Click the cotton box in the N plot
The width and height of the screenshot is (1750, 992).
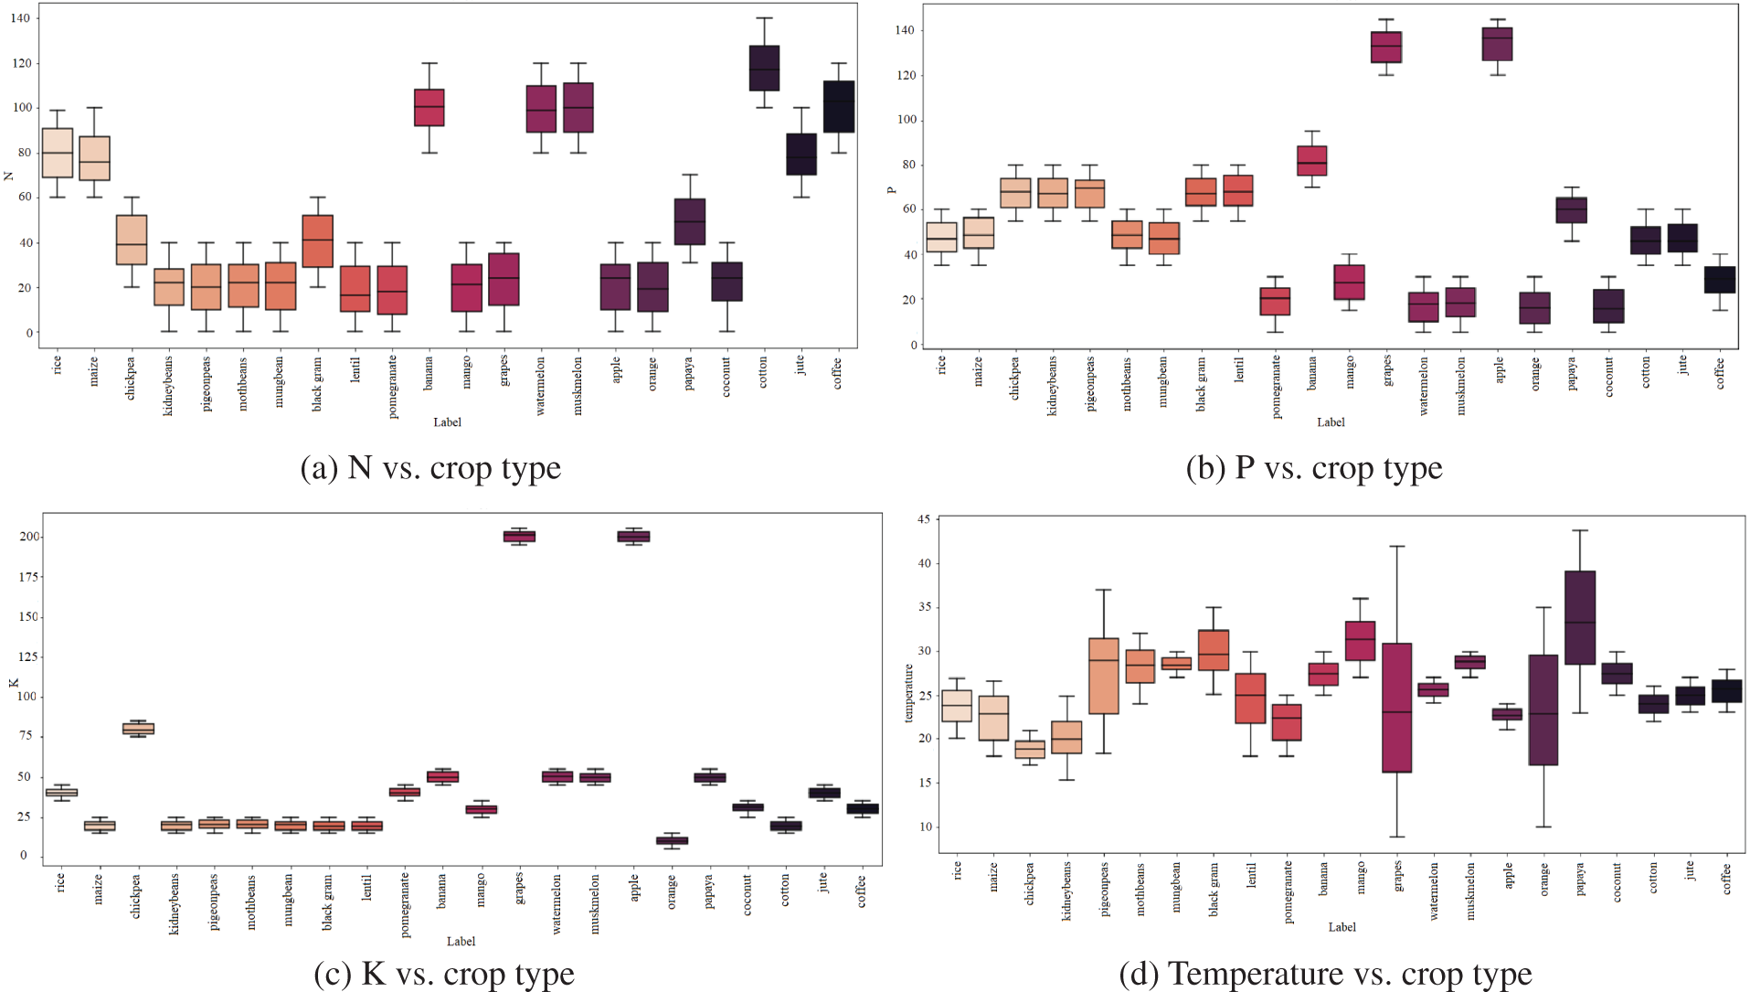click(764, 68)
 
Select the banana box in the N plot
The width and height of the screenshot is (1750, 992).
click(429, 107)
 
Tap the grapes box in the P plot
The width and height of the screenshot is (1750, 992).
click(1386, 47)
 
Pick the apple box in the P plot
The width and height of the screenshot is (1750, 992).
click(1497, 44)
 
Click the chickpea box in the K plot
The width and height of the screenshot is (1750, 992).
click(138, 729)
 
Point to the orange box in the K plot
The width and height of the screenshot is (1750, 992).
click(672, 840)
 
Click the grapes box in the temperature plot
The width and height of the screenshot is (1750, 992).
click(1396, 708)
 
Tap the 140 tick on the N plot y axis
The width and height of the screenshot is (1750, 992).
click(20, 18)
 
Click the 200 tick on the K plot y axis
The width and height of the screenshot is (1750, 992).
click(29, 537)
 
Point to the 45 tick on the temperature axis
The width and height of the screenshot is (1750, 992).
click(924, 519)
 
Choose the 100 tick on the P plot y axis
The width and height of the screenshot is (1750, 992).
click(907, 120)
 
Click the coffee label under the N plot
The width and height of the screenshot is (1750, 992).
click(837, 373)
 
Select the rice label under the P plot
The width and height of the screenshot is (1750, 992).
click(941, 365)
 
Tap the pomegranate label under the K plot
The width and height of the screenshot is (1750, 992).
click(405, 904)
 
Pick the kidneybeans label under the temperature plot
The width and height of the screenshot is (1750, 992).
click(1066, 891)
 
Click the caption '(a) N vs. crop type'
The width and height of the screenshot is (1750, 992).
click(430, 468)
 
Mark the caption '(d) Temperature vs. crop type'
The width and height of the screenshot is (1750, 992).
click(1325, 974)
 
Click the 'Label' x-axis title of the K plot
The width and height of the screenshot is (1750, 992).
click(461, 941)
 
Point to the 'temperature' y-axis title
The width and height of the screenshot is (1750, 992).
click(908, 693)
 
